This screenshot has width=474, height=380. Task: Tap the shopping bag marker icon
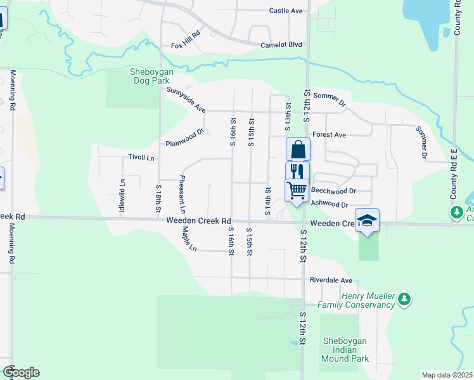[298, 150]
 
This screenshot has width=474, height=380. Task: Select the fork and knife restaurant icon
[297, 171]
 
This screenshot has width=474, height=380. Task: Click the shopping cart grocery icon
[297, 189]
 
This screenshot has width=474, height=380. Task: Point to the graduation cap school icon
[367, 220]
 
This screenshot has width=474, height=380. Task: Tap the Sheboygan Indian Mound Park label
[346, 350]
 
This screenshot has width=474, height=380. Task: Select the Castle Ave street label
[286, 11]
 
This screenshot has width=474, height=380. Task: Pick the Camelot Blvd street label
[281, 45]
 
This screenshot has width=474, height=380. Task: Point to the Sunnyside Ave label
[186, 99]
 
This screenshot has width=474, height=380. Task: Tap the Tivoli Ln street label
[142, 157]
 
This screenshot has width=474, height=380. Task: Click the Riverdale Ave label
[331, 280]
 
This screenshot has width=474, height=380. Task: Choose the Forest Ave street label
[330, 135]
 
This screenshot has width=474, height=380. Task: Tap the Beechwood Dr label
[335, 191]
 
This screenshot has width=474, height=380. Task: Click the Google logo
[22, 372]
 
